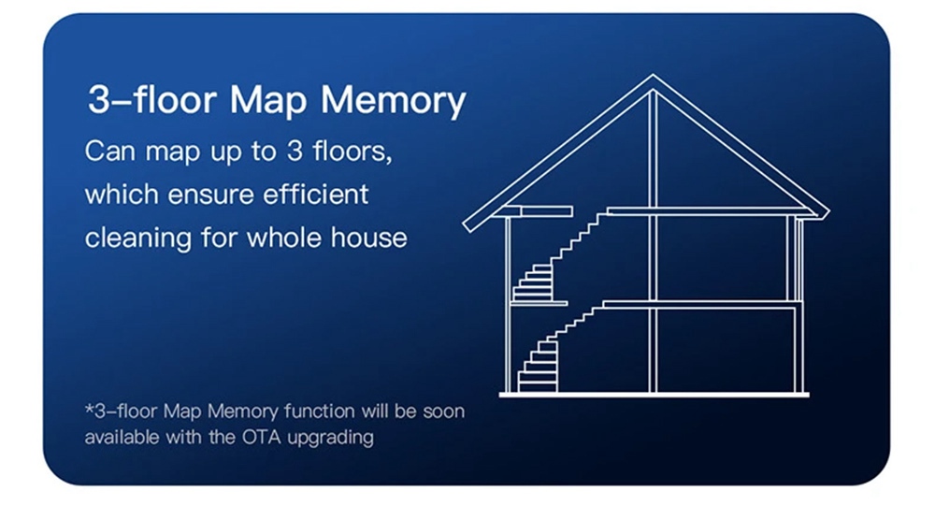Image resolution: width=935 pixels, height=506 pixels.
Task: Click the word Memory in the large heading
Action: pos(393,100)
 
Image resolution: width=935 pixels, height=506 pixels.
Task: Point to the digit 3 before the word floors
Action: pos(295,151)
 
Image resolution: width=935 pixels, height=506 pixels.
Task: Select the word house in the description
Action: pos(369,238)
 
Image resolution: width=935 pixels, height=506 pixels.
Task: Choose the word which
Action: pos(122,195)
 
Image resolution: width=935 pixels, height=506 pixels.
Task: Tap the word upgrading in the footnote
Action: pos(330,439)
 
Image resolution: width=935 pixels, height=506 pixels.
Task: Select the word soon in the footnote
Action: pos(443,412)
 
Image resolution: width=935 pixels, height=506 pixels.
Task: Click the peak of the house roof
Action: pos(653,76)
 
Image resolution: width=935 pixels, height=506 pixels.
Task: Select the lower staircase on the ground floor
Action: pos(557,349)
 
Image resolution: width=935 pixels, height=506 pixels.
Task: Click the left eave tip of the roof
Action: pos(467,225)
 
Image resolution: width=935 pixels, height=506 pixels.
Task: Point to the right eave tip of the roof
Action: pos(827,213)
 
